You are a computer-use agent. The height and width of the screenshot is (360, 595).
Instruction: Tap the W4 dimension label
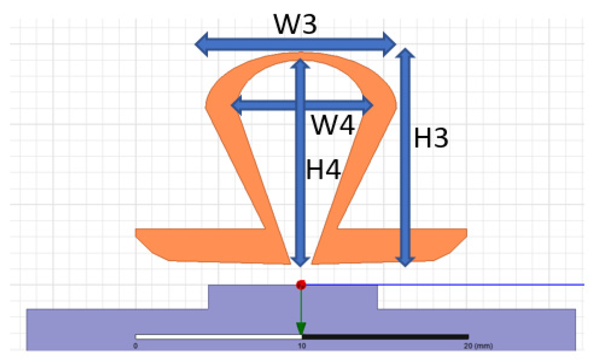click(333, 126)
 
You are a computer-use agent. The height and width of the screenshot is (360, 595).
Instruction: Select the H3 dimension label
click(431, 138)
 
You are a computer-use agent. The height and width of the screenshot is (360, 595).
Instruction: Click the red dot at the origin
click(301, 285)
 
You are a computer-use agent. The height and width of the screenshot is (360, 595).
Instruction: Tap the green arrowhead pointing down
click(301, 329)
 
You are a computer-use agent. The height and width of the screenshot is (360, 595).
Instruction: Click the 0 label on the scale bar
click(136, 346)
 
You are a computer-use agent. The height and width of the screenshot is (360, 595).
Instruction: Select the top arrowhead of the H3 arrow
click(405, 53)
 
